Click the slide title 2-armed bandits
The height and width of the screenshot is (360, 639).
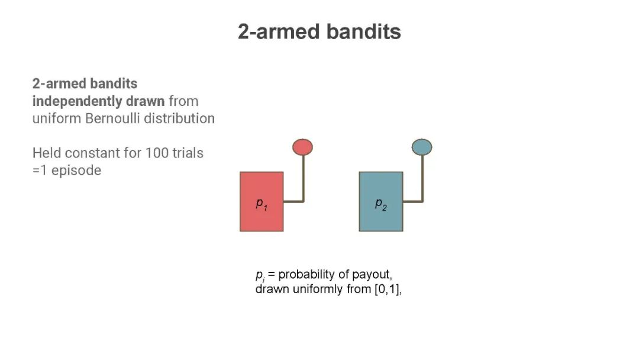(319, 31)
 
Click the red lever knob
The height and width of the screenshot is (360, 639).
(302, 147)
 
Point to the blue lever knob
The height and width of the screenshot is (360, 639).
(422, 147)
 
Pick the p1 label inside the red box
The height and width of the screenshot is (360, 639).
(262, 204)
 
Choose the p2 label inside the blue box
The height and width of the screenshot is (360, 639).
(380, 204)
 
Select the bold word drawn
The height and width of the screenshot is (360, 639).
(145, 101)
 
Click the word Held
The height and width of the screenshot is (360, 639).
(47, 153)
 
